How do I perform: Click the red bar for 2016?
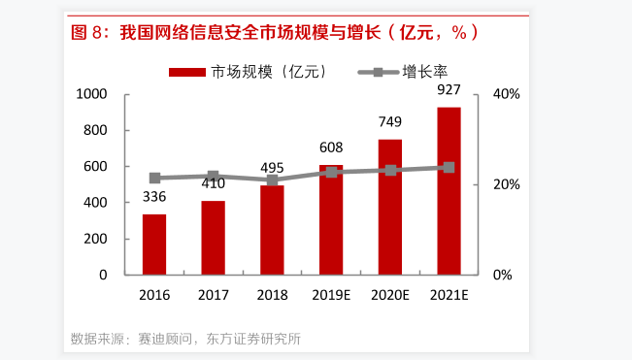(x=154, y=245)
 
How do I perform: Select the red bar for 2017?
(x=214, y=238)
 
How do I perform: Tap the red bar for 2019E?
(x=331, y=221)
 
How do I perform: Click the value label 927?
(x=449, y=90)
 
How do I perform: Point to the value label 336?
(x=154, y=198)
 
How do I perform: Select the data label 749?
(x=390, y=122)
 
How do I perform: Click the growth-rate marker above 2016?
(x=154, y=178)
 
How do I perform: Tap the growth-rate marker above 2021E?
(x=449, y=167)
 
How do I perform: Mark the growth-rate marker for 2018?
(x=273, y=180)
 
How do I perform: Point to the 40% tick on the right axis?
(x=507, y=94)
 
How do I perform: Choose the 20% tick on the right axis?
(x=507, y=184)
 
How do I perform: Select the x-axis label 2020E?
(x=390, y=295)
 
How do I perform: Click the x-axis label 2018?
(x=273, y=295)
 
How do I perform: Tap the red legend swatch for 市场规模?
(x=188, y=71)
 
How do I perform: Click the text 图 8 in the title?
(x=87, y=32)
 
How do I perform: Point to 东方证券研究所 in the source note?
(x=255, y=339)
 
